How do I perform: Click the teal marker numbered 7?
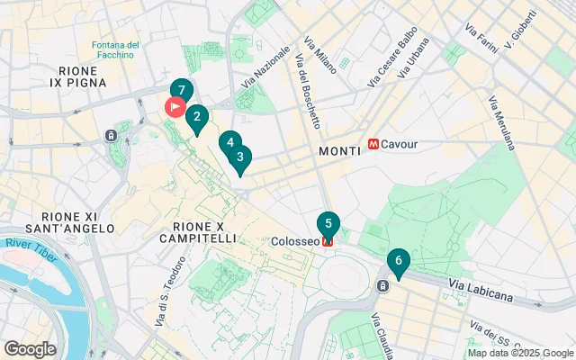pyautogui.click(x=182, y=91)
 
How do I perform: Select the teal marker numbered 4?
pyautogui.click(x=230, y=142)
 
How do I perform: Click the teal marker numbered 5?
pyautogui.click(x=328, y=224)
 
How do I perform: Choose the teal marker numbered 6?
pyautogui.click(x=398, y=261)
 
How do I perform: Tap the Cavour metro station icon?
pyautogui.click(x=373, y=144)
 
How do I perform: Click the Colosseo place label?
pyautogui.click(x=295, y=241)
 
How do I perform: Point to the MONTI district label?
pyautogui.click(x=339, y=152)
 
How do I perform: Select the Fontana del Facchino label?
pyautogui.click(x=115, y=49)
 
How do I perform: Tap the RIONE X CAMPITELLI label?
pyautogui.click(x=197, y=232)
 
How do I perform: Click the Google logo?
pyautogui.click(x=30, y=348)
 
